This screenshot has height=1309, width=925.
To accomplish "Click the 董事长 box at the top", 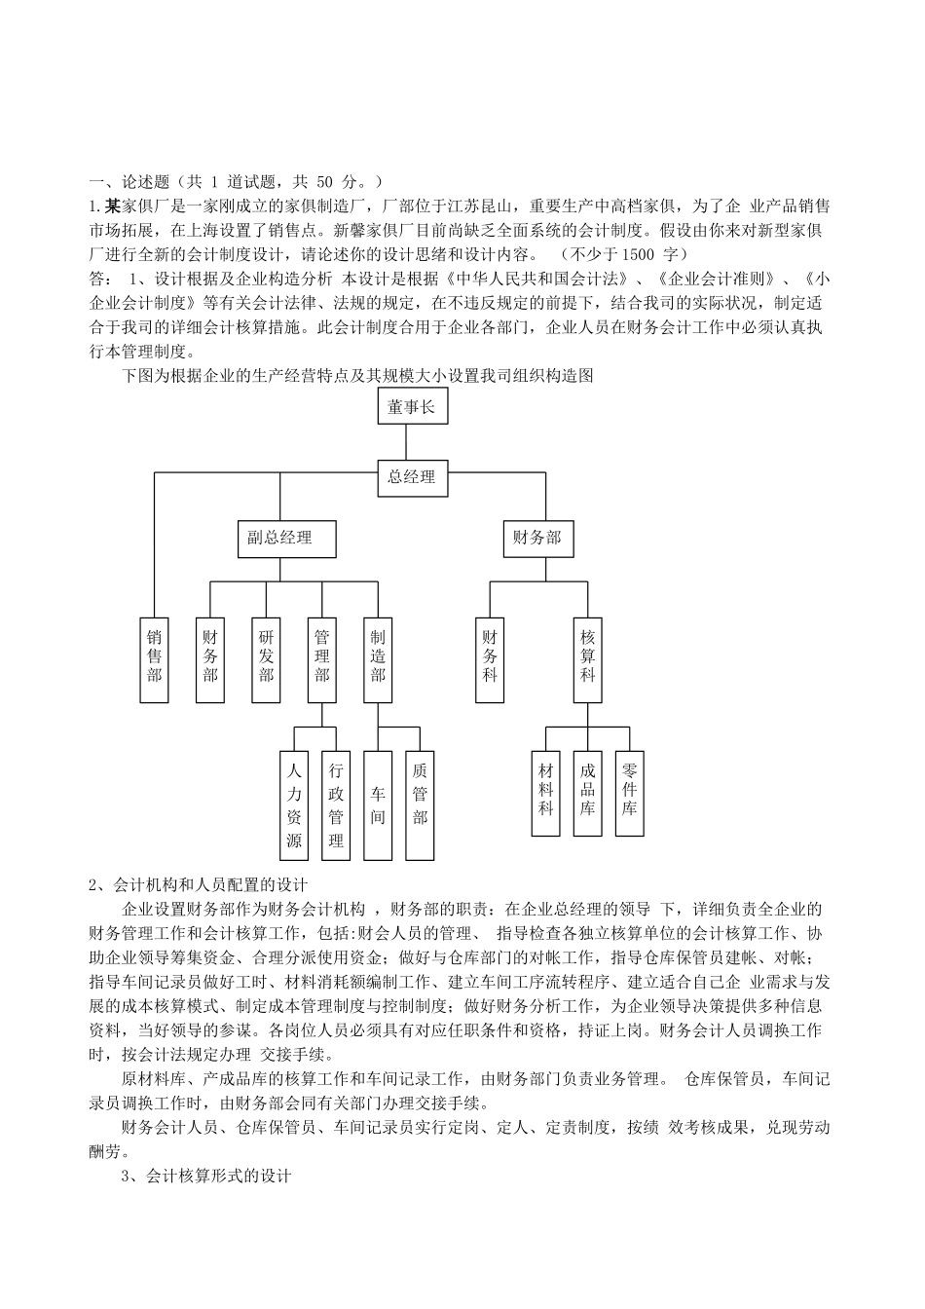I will pos(412,406).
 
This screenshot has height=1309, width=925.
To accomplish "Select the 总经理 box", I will pos(412,477).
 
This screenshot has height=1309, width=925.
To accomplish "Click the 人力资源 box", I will pos(294,804).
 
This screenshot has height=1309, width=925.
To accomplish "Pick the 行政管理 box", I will pos(336,804).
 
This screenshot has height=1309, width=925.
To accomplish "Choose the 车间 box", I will pos(378,804).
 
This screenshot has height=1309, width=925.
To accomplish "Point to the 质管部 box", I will pos(420,804).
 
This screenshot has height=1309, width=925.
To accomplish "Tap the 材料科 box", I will pos(546,793).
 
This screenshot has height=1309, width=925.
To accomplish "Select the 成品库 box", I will pos(587,793).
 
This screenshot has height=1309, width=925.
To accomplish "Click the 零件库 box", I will pos(629,793).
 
